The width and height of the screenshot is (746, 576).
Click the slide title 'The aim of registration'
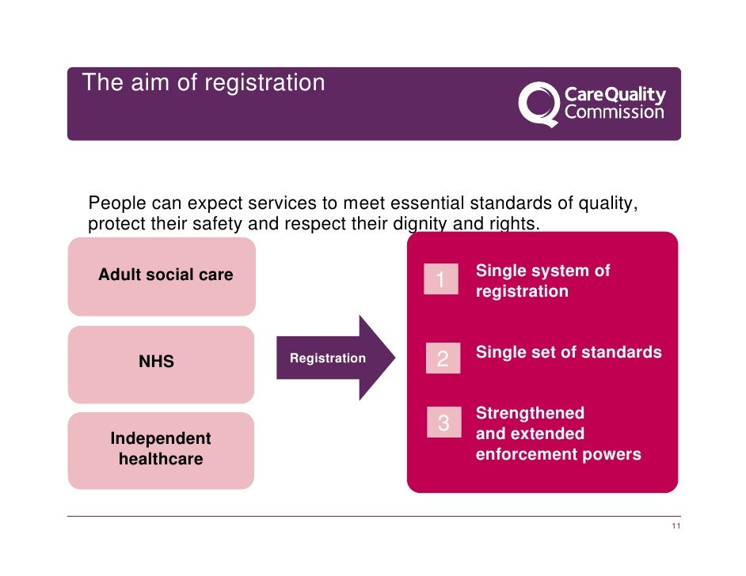(x=204, y=83)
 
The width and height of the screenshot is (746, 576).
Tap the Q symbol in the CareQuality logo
(x=538, y=104)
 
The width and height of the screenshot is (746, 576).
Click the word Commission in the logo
(x=614, y=112)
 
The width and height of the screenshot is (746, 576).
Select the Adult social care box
(x=162, y=275)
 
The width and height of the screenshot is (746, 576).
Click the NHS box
(x=161, y=363)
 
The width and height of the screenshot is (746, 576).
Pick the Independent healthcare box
(x=161, y=449)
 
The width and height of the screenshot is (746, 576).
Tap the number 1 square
(x=441, y=279)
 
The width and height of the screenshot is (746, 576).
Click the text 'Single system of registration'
(x=542, y=281)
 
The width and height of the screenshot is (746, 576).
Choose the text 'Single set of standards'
(x=568, y=353)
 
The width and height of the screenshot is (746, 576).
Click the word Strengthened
(x=530, y=413)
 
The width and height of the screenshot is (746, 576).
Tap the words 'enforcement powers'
(x=558, y=454)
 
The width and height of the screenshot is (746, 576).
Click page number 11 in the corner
(x=675, y=529)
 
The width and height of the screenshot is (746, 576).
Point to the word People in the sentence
(x=115, y=203)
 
